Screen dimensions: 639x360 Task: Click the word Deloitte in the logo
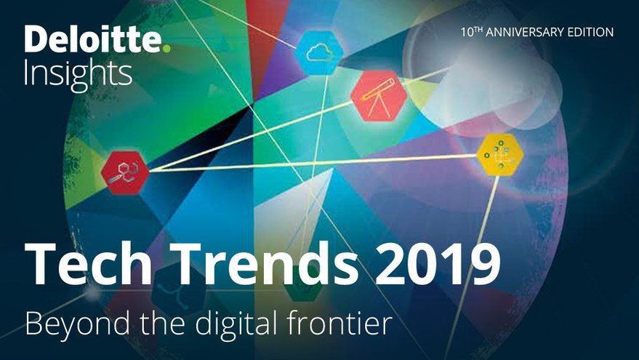coord(93,39)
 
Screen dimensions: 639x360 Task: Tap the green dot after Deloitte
coord(166,49)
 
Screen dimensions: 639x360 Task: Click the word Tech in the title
coord(89,263)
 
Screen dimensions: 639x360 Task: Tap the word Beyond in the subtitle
coord(78,323)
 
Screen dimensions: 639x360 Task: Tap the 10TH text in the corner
coord(472,32)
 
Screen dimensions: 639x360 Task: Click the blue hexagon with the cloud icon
coord(319,53)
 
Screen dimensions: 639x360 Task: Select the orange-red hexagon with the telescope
coord(379,96)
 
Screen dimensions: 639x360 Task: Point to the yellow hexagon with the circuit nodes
coord(500,154)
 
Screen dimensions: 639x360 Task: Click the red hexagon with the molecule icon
coord(125,172)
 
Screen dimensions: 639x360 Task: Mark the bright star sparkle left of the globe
coord(93,293)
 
